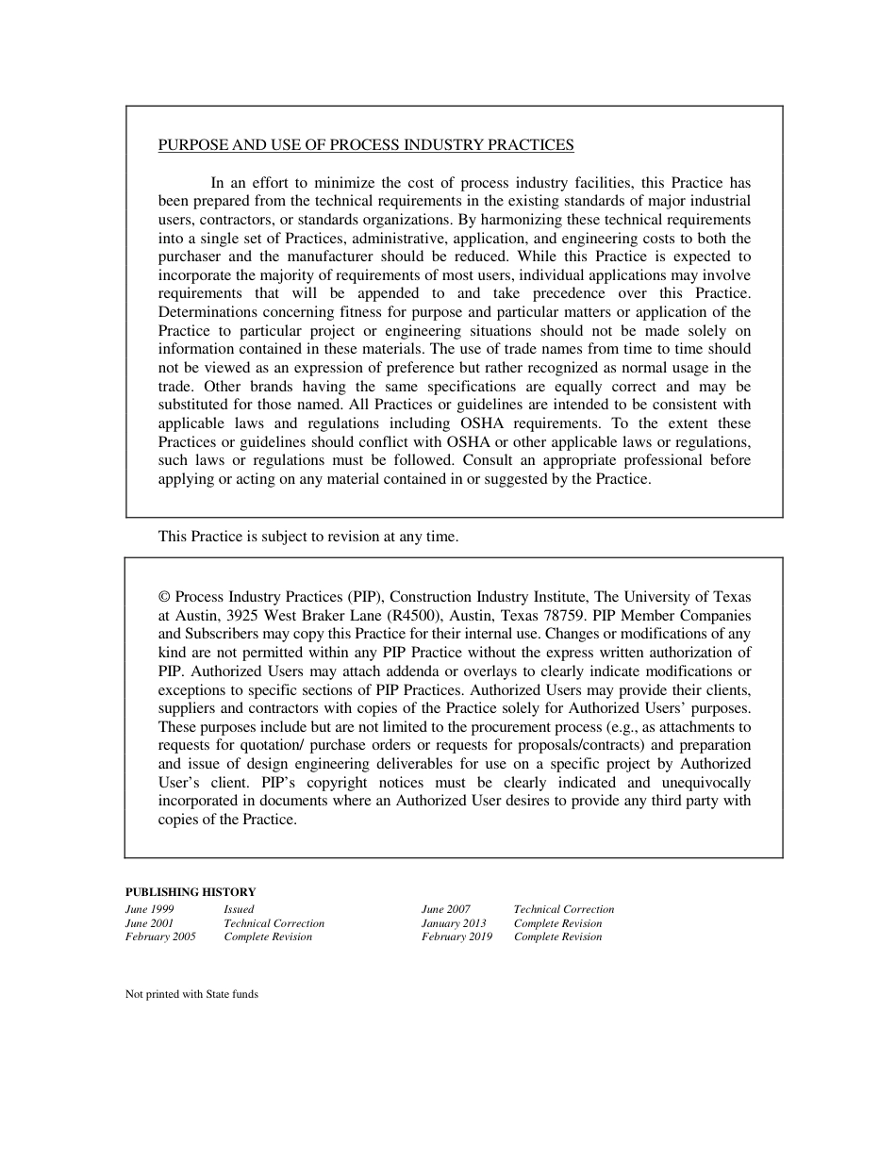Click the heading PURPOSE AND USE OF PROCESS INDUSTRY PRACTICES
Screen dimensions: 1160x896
pos(366,145)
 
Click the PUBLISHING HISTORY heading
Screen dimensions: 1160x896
pos(191,891)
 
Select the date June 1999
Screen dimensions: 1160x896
pos(150,909)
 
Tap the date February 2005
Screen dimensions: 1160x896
pos(160,936)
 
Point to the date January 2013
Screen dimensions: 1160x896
pos(454,923)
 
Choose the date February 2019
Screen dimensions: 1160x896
pos(456,936)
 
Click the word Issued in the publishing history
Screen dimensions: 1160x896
pos(239,909)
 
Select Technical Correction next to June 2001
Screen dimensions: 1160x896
pos(274,923)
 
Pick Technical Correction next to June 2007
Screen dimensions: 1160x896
pos(563,909)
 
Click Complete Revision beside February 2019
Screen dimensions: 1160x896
pos(557,936)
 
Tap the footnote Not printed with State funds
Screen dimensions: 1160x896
pos(191,994)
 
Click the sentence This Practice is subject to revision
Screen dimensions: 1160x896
pos(308,537)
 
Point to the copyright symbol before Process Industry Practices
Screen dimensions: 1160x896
pos(164,597)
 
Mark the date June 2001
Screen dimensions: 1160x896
pos(149,923)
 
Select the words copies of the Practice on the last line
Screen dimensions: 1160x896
pos(227,820)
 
